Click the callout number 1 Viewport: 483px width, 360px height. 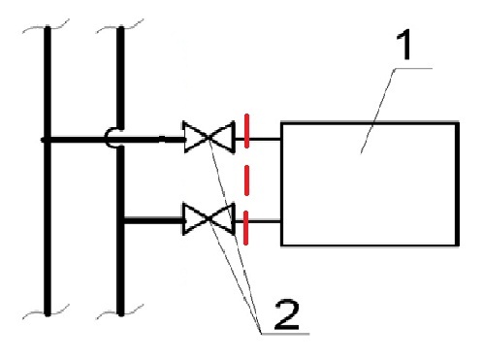pos(404,45)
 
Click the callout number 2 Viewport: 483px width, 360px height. pos(286,314)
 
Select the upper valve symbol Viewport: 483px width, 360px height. pos(209,138)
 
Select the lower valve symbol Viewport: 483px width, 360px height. pos(209,219)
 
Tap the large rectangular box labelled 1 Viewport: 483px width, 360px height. pos(370,184)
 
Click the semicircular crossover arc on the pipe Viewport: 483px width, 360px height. pos(108,139)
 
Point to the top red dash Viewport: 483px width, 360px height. pos(246,131)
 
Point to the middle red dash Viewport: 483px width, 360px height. pos(246,180)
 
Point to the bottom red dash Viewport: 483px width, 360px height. pos(246,228)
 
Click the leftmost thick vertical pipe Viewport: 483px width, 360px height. pos(48,171)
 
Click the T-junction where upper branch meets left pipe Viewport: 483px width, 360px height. pos(48,140)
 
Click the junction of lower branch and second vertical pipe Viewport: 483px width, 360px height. pos(121,221)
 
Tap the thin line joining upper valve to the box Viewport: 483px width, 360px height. pos(258,139)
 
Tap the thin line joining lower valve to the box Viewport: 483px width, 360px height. pos(258,221)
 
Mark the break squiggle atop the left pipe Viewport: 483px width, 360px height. pos(46,26)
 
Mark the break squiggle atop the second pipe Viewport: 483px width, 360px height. pos(119,26)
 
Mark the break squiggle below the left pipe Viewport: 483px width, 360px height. pos(46,311)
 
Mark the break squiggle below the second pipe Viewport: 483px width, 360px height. pos(119,311)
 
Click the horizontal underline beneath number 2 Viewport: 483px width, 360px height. pos(285,333)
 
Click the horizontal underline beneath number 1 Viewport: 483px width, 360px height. pos(413,69)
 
